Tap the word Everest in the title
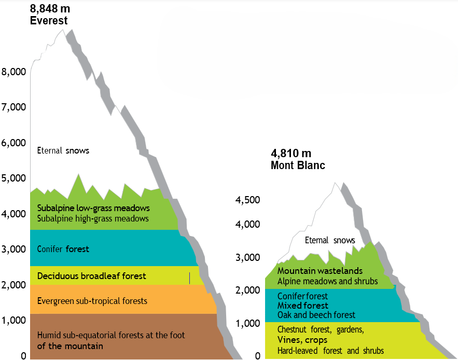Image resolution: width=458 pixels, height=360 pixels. [x=49, y=21]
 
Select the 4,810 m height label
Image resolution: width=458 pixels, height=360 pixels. [x=291, y=154]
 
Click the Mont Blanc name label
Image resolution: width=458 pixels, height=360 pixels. [x=298, y=165]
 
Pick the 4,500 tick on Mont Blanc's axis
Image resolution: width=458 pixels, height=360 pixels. [x=247, y=200]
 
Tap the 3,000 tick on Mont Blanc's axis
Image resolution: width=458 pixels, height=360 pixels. [x=247, y=257]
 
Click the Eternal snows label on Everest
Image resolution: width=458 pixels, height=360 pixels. [x=63, y=151]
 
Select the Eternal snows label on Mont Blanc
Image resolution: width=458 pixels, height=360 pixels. [x=330, y=240]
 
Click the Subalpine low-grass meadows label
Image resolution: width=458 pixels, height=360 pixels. [x=93, y=208]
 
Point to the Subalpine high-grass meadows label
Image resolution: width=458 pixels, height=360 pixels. [x=93, y=218]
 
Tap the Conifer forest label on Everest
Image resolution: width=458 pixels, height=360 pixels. [x=63, y=249]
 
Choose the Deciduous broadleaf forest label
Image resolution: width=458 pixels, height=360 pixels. [x=92, y=276]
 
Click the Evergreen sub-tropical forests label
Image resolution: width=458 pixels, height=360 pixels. [x=92, y=301]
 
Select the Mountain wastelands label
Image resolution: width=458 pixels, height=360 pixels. [x=320, y=271]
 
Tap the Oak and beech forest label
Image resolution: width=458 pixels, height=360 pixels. [x=316, y=315]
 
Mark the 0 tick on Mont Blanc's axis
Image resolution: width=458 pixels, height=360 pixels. [x=257, y=356]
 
